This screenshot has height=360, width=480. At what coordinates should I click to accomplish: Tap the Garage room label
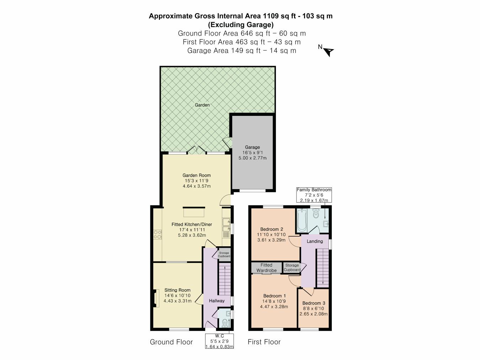pos(252,147)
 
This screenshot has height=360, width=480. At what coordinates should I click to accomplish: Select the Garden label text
pos(202,105)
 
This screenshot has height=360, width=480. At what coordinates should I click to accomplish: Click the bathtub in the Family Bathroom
pos(302,220)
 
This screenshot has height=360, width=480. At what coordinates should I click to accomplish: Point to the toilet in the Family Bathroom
pos(315,214)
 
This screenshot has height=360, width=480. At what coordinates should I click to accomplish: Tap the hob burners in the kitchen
pos(158,234)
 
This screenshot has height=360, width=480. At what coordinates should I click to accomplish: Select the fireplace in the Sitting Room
pos(156,299)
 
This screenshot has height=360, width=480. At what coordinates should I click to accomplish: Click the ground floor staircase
pos(225,279)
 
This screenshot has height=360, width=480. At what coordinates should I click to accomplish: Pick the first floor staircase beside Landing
pos(323,268)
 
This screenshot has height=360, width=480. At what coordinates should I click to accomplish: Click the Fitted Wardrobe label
pos(266,268)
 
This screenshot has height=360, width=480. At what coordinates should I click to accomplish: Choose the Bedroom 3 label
pos(314,303)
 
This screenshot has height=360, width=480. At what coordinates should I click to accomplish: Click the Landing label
pos(315,241)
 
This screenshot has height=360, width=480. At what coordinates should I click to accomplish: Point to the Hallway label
pos(217,301)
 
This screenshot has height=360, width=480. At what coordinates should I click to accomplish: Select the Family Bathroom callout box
pos(314,195)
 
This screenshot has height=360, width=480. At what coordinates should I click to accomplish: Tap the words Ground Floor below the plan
pos(171,342)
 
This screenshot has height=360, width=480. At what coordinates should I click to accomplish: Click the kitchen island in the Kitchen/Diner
pos(194,212)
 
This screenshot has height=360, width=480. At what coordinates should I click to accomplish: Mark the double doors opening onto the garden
pos(197,150)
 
